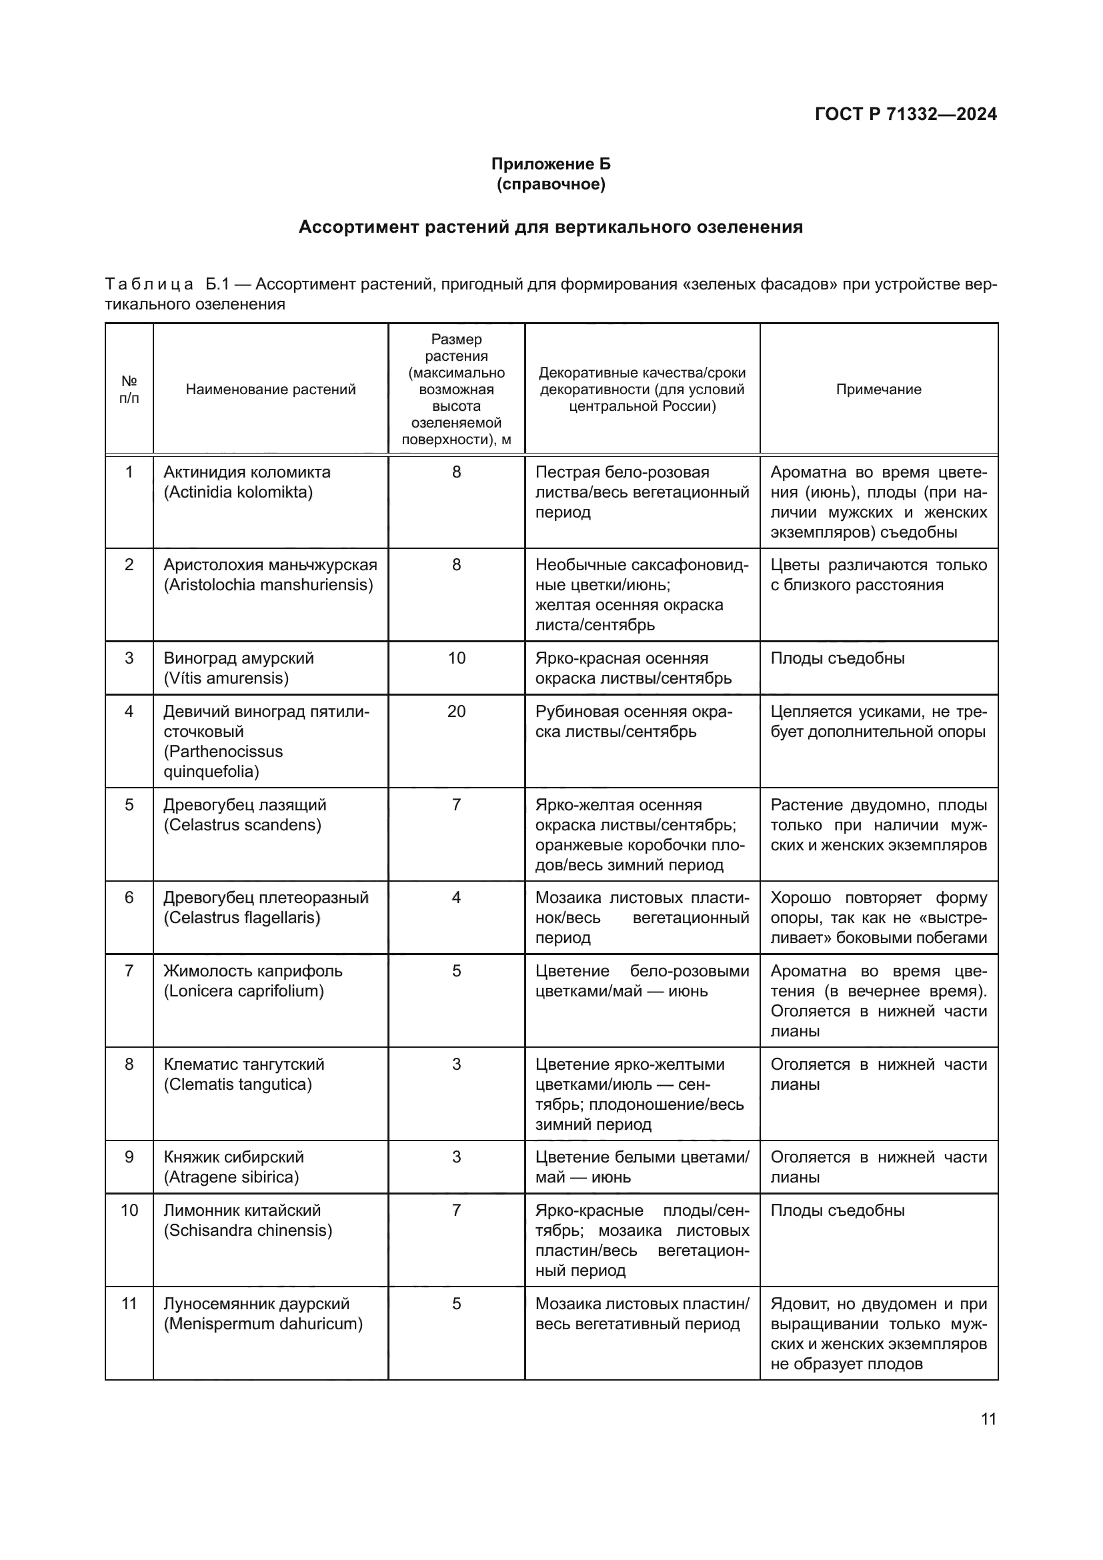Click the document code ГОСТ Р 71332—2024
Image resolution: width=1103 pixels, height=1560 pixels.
click(906, 114)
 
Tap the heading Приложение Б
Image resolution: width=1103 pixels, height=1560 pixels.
click(551, 164)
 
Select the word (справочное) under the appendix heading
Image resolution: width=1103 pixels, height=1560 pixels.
click(551, 184)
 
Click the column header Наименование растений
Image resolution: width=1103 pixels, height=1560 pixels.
click(270, 389)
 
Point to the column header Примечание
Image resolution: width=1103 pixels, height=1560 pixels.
click(878, 389)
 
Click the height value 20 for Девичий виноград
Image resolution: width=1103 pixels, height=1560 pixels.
click(456, 712)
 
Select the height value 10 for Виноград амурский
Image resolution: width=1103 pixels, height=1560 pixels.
click(456, 658)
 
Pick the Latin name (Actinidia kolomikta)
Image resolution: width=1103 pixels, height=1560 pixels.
click(237, 492)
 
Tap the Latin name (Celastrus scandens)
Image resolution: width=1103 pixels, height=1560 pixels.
click(242, 825)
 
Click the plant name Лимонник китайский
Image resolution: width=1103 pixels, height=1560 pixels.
click(242, 1210)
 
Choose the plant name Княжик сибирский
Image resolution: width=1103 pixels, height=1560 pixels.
click(233, 1156)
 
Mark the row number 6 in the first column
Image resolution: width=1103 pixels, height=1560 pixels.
click(129, 898)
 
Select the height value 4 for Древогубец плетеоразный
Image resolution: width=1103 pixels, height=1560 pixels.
click(456, 898)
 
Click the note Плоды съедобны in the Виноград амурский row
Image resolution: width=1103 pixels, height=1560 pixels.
click(838, 658)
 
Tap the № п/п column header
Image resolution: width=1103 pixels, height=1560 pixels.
click(129, 389)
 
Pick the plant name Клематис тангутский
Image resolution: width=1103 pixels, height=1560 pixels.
click(244, 1064)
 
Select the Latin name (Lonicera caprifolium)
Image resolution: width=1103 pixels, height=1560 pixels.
click(244, 990)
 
